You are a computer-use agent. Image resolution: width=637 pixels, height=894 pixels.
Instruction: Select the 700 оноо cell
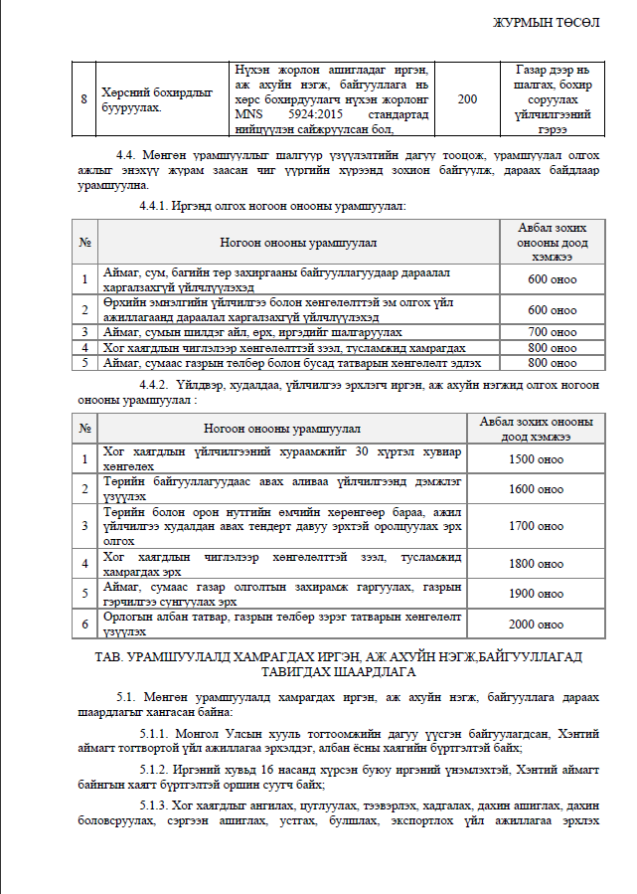click(x=552, y=331)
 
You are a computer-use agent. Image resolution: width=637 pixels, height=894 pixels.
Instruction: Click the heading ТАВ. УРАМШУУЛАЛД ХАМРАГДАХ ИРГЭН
click(x=328, y=657)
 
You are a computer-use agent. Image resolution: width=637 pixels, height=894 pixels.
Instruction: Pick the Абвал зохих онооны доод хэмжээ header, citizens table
click(x=552, y=241)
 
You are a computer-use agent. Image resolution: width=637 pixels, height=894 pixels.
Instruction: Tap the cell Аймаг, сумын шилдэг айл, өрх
click(x=252, y=331)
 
